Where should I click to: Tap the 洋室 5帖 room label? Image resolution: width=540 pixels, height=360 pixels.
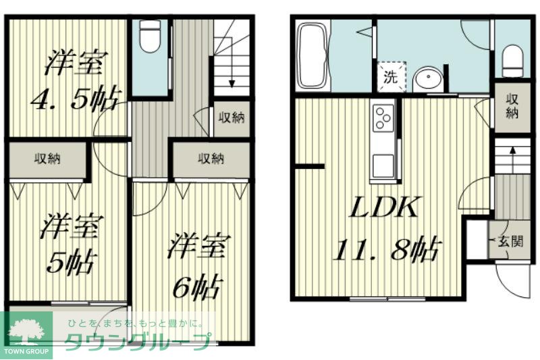(x=71, y=244)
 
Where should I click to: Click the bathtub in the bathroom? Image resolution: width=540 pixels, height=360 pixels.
(x=313, y=55)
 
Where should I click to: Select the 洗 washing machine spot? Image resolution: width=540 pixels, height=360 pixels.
(x=391, y=77)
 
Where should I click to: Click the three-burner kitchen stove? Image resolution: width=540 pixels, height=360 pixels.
(x=383, y=118)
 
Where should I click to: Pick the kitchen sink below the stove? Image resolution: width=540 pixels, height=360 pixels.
(x=383, y=166)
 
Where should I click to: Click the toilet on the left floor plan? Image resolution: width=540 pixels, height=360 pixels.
(x=151, y=37)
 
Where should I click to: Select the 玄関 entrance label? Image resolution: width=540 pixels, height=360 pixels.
(x=511, y=242)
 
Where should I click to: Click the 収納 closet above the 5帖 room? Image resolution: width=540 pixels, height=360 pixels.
(x=47, y=159)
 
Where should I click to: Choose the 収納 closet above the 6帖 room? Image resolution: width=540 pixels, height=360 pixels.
(x=211, y=159)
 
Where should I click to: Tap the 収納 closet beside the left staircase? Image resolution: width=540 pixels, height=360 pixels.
(x=232, y=118)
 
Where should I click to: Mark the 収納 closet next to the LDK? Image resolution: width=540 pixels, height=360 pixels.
(x=512, y=107)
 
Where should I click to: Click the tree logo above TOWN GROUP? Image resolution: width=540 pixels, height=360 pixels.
(x=26, y=332)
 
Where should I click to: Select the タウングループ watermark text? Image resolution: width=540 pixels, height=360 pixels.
(x=138, y=341)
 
